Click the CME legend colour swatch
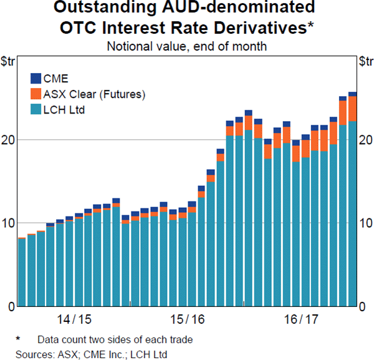(36, 79)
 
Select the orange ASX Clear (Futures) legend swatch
(36, 94)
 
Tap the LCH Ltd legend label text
(64, 110)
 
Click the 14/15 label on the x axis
(74, 319)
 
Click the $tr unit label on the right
(365, 61)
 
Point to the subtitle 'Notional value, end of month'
(187, 46)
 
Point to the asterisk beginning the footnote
(18, 339)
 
